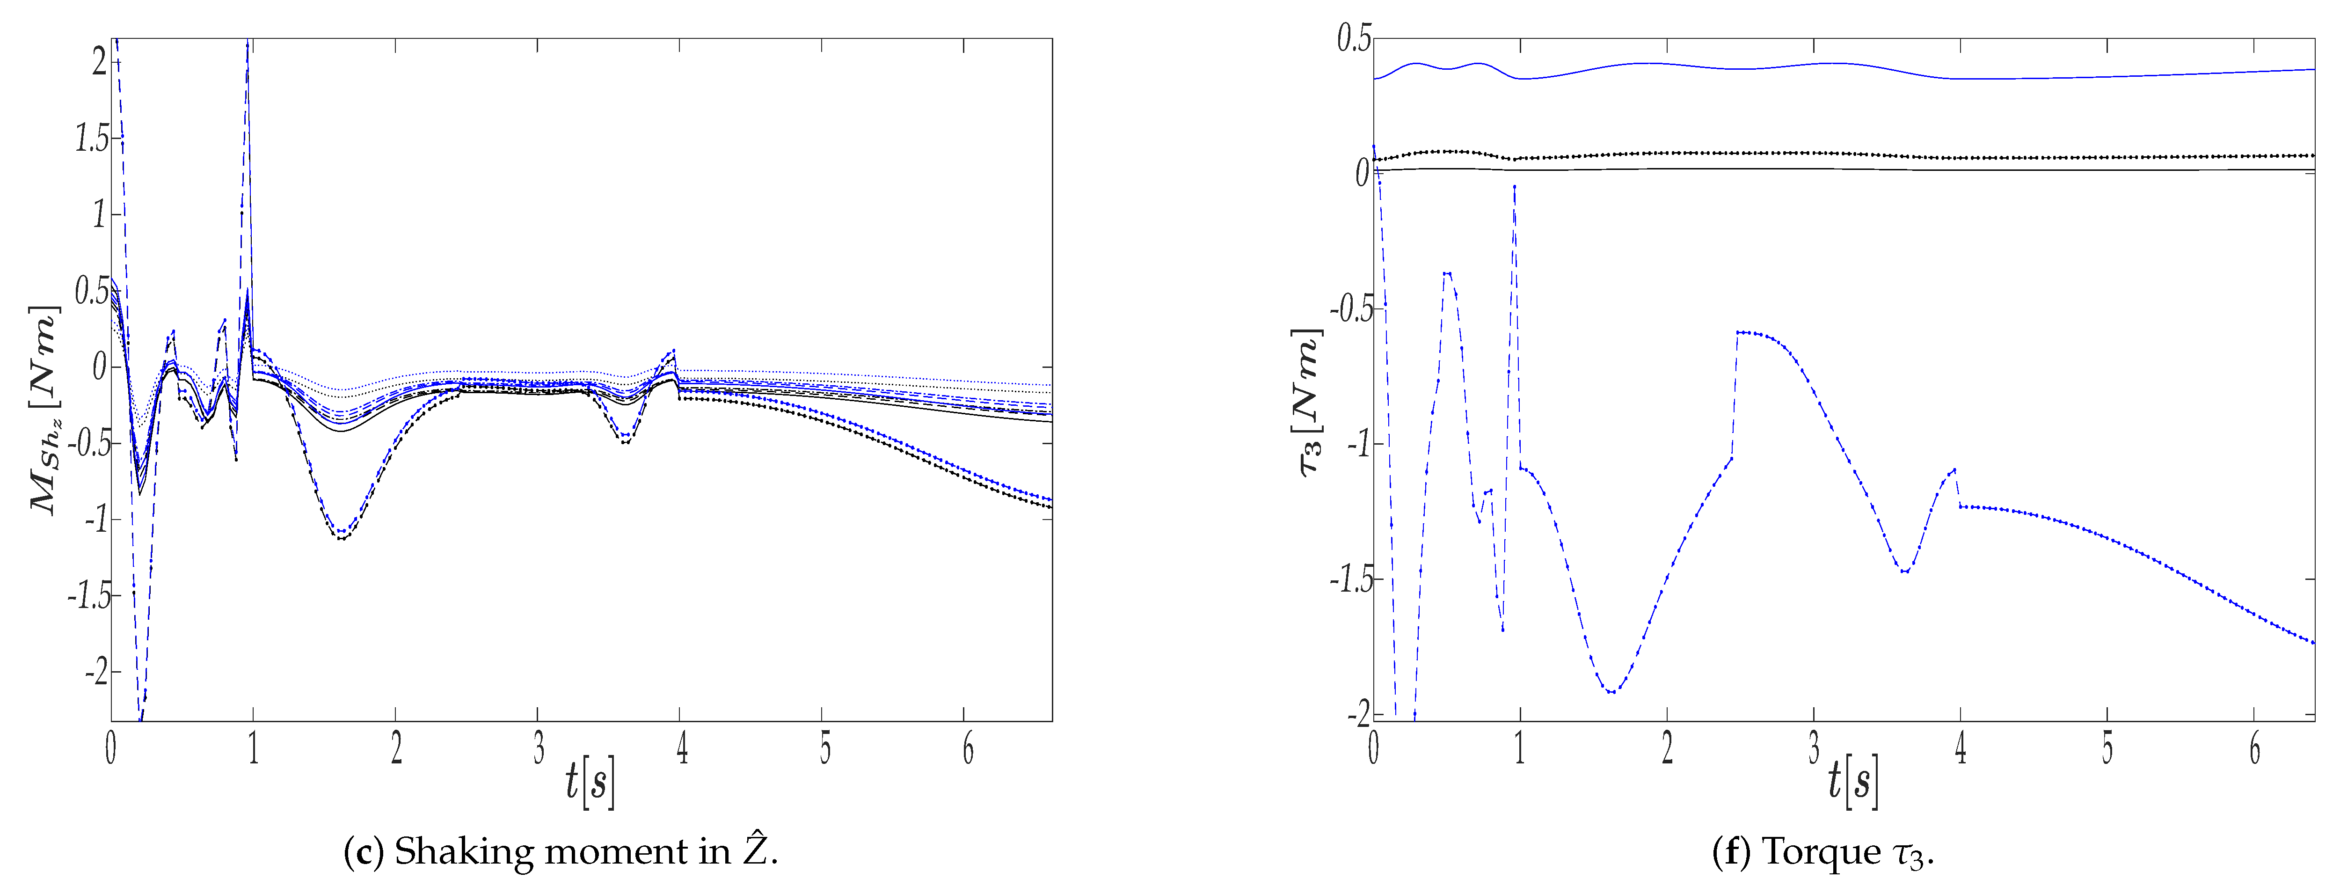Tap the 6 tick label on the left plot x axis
pos(969,749)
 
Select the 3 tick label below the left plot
pos(539,749)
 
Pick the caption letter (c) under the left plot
pos(364,852)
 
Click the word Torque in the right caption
pos(1821,852)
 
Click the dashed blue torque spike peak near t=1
pos(1514,186)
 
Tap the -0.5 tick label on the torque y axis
pos(1351,309)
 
